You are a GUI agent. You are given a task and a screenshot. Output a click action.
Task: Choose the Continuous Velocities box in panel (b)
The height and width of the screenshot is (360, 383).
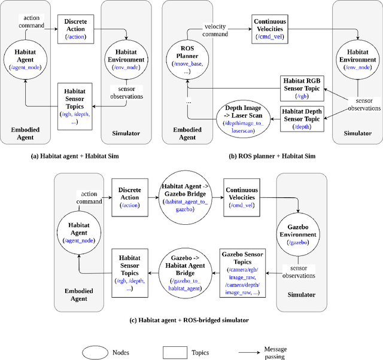point(269,28)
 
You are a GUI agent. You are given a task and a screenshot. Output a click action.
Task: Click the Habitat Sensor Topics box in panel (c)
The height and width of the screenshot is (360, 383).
point(129,271)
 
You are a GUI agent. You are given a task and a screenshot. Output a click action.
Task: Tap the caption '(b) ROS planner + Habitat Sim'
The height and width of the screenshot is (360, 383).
point(272,156)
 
